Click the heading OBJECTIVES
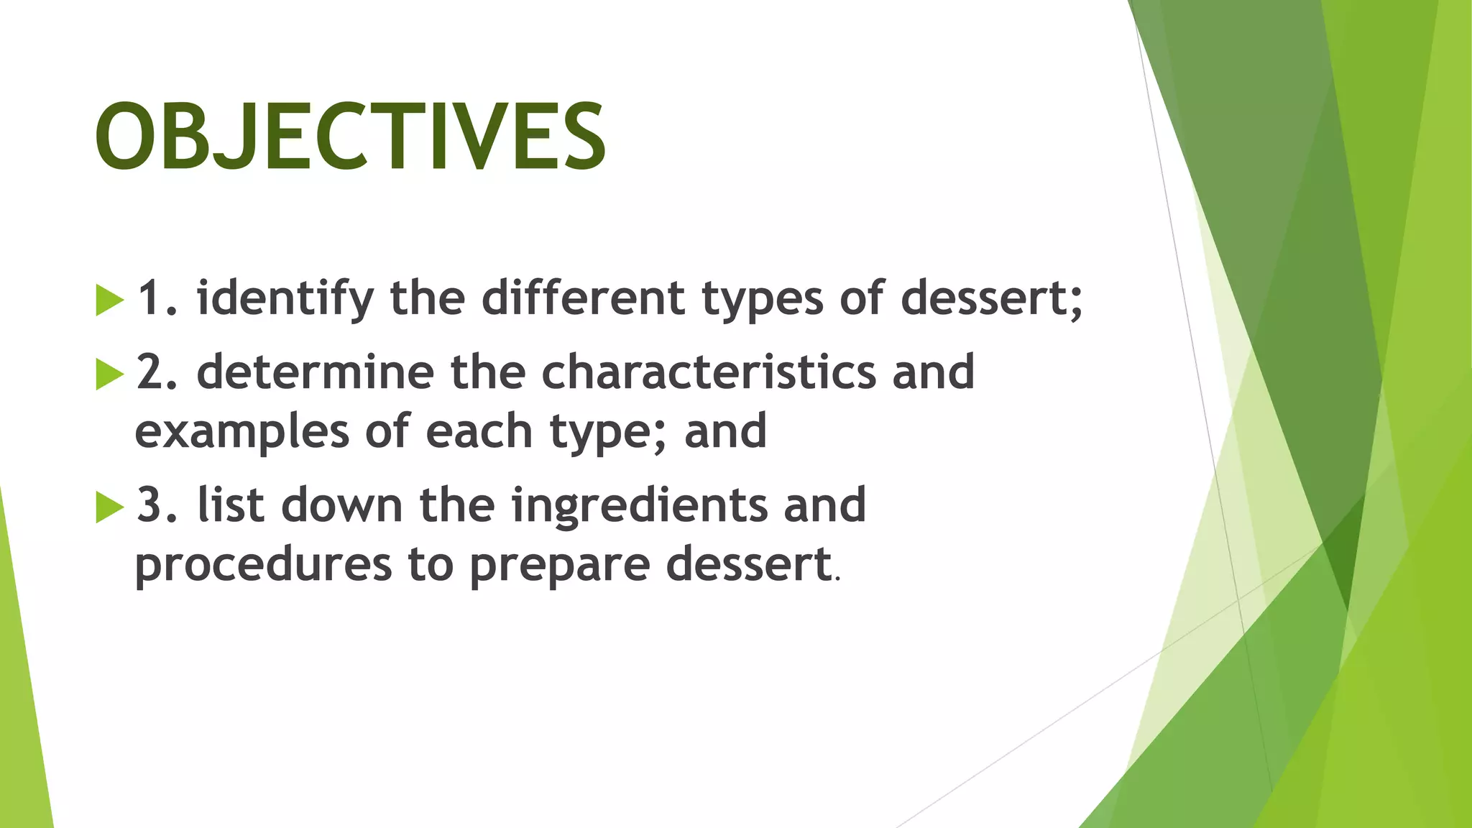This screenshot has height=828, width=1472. [350, 137]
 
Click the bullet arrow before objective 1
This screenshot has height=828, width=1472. [109, 300]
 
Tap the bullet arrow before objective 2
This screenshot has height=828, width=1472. [109, 374]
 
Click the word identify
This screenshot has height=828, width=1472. [285, 298]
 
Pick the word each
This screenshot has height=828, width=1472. [479, 431]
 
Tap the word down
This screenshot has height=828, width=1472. [342, 505]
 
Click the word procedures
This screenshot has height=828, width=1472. [263, 565]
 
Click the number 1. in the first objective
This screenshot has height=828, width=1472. [157, 298]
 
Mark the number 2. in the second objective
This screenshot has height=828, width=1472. [157, 372]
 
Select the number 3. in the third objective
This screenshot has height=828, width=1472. [157, 505]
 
